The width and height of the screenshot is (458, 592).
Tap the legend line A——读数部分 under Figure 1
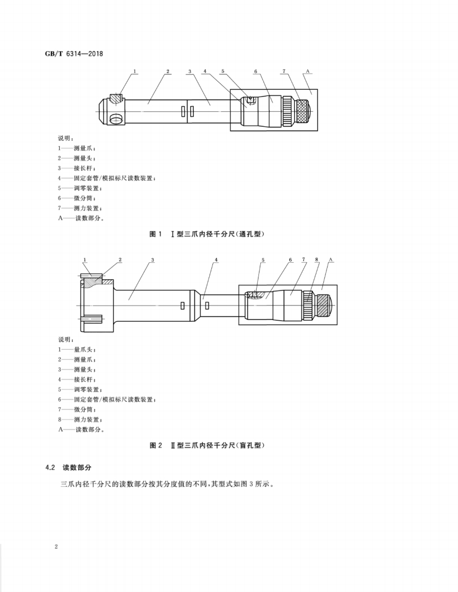(x=81, y=218)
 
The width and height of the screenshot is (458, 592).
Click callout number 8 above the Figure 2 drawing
(x=316, y=260)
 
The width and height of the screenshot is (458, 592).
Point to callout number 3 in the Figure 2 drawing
(x=152, y=260)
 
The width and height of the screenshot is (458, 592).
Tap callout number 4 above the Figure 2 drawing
(x=216, y=260)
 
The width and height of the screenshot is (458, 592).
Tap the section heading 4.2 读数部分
(x=70, y=467)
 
